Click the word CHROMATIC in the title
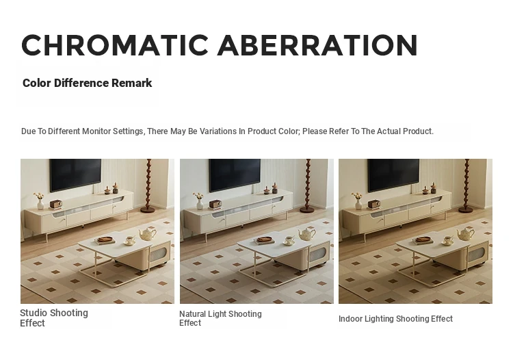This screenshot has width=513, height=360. click(x=115, y=45)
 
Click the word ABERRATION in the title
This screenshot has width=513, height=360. click(x=317, y=45)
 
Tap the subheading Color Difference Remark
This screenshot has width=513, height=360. click(x=88, y=83)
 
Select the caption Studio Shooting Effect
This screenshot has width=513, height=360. click(x=54, y=318)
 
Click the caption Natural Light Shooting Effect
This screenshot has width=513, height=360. click(x=220, y=318)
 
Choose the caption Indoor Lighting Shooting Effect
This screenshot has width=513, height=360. click(x=395, y=319)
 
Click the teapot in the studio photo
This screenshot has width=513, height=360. click(x=147, y=233)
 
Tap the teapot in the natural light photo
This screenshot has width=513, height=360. click(x=306, y=233)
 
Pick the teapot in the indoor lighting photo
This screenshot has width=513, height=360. click(x=466, y=233)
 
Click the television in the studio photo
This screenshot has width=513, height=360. click(x=75, y=175)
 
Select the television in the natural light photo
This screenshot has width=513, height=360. click(x=235, y=175)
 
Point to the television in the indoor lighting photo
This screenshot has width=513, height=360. click(x=393, y=175)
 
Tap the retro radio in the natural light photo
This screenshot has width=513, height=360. click(x=215, y=204)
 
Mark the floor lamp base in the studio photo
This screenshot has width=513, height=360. click(x=149, y=209)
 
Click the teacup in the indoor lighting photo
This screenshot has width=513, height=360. click(x=448, y=241)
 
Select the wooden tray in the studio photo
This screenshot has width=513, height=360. click(x=105, y=240)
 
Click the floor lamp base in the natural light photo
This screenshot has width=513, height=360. click(x=308, y=209)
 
